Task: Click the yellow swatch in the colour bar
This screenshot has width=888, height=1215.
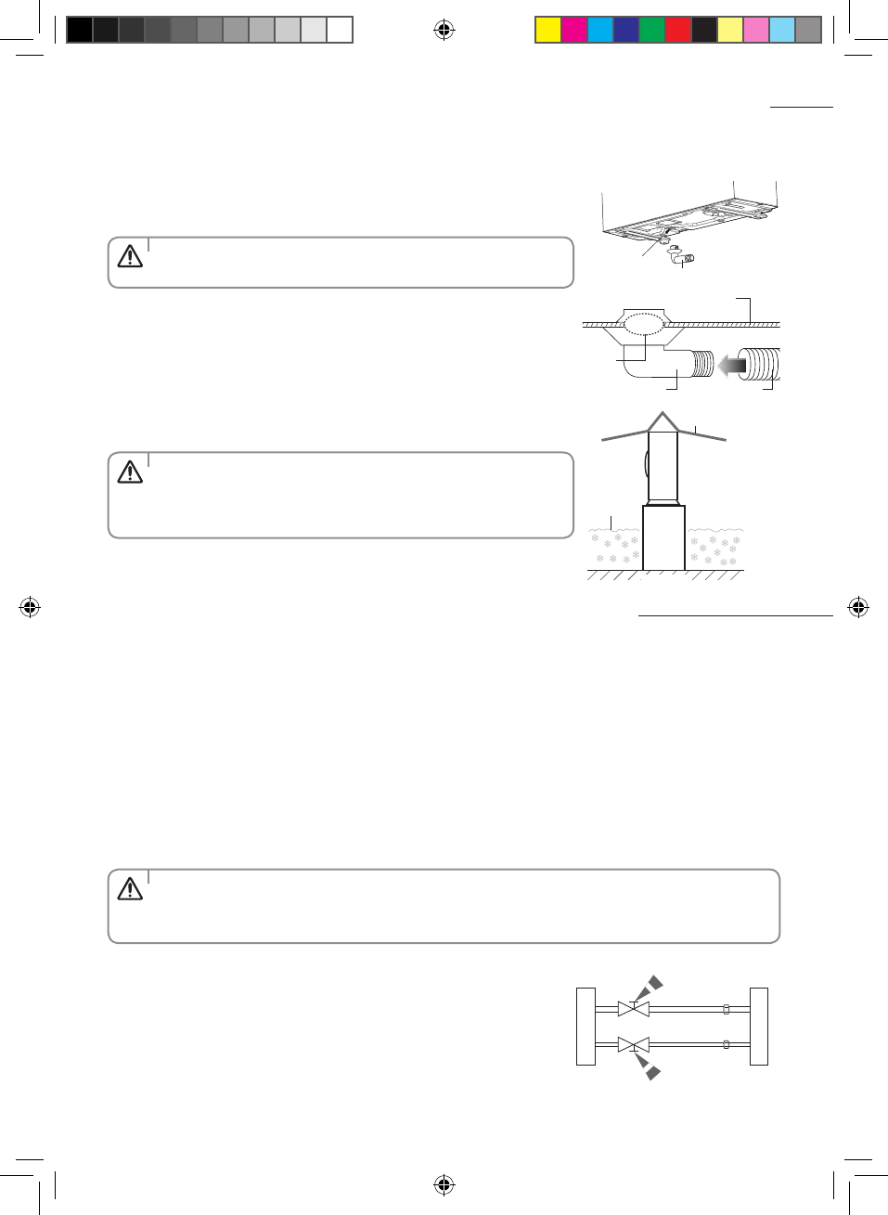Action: [548, 30]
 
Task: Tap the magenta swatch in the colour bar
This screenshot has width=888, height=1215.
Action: [574, 30]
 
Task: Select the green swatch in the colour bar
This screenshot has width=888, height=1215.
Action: [652, 30]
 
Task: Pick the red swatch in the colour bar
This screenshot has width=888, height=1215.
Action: [678, 30]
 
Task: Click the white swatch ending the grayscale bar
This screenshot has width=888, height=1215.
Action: [340, 30]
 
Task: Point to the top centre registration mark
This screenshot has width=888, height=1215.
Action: [444, 31]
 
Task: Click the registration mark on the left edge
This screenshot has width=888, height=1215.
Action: [30, 608]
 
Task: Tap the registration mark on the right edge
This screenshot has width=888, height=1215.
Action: [858, 608]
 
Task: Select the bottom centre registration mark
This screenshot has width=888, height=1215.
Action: [444, 1184]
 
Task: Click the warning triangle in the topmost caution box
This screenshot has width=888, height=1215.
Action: [130, 256]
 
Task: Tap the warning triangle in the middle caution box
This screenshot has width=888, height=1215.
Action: [130, 472]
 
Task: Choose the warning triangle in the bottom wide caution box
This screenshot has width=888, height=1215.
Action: [130, 889]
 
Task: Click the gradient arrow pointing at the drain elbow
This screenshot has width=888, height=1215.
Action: [732, 365]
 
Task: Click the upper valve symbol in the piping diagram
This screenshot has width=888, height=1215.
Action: [633, 1009]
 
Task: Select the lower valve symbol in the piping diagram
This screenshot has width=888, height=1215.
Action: [633, 1045]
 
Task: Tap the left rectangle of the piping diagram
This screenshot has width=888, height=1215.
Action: [586, 1026]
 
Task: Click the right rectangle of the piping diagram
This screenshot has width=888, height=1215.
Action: [759, 1026]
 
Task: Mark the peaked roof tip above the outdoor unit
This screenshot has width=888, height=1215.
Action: [663, 415]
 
